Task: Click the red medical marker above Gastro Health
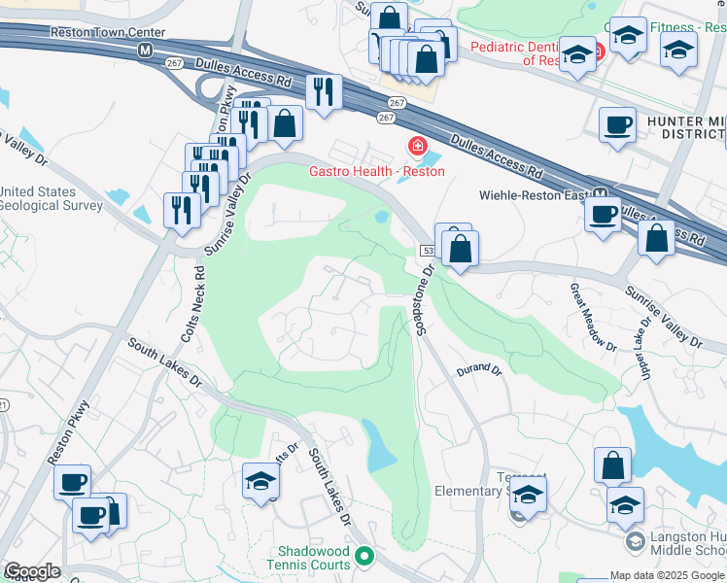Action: [417, 147]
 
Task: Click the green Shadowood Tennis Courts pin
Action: [364, 557]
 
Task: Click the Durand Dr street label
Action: [478, 370]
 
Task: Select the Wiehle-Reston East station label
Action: [534, 195]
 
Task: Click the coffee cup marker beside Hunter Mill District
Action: [617, 124]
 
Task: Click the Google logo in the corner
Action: [32, 571]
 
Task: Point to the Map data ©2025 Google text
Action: [666, 575]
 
